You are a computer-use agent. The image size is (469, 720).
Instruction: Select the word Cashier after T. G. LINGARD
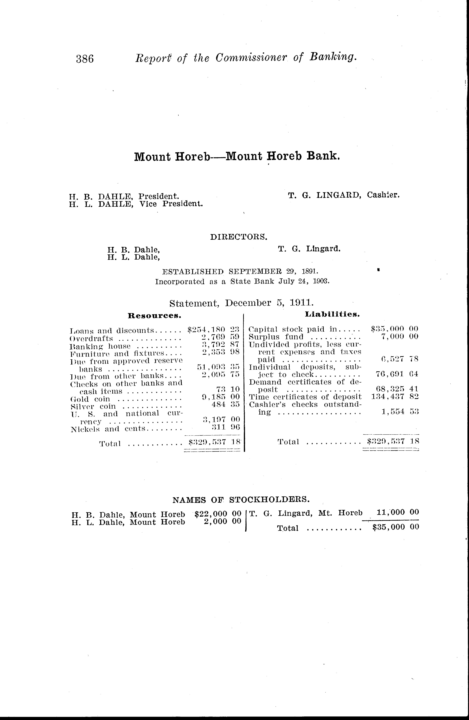coord(383,195)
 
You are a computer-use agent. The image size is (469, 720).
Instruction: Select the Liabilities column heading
coord(332,314)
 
